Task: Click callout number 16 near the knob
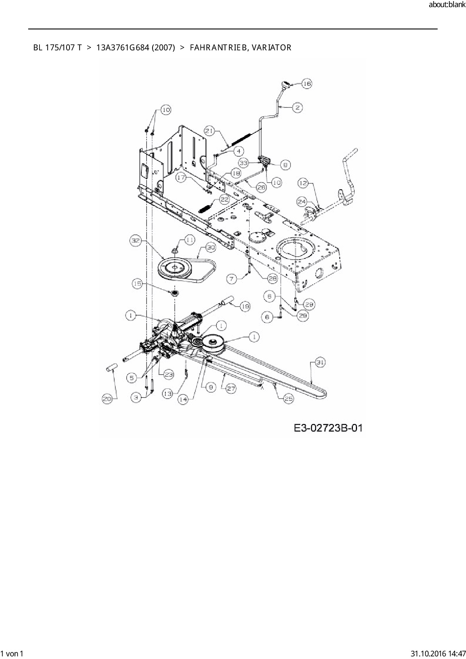point(307,83)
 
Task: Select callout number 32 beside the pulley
point(135,240)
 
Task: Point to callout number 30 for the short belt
point(210,248)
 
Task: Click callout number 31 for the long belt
point(320,363)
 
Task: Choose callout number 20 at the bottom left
point(107,399)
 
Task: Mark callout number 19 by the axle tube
point(245,307)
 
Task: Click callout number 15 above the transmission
point(137,284)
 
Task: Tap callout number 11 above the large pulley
point(189,240)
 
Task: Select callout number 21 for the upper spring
point(210,131)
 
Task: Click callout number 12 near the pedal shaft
point(303,183)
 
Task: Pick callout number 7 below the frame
point(232,278)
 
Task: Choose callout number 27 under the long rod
point(231,388)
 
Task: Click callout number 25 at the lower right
point(288,399)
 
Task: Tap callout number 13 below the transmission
point(167,393)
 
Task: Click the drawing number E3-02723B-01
point(328,428)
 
